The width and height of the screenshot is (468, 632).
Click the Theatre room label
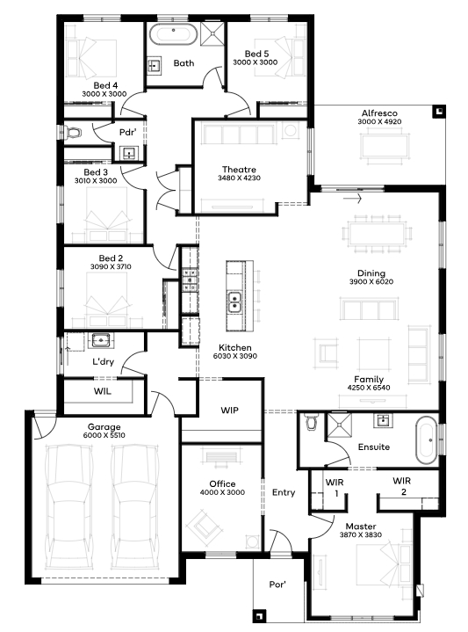click(x=239, y=170)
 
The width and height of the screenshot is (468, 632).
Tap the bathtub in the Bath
click(x=173, y=34)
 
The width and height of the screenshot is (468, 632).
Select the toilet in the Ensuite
click(x=312, y=421)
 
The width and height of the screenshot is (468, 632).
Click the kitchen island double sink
click(x=234, y=301)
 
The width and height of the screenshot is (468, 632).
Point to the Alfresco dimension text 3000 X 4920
click(x=379, y=121)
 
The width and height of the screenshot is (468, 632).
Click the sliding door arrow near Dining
click(x=352, y=199)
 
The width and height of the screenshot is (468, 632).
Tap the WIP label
click(x=229, y=410)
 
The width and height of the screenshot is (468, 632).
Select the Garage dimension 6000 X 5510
click(x=104, y=435)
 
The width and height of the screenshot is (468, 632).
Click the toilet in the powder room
click(x=73, y=132)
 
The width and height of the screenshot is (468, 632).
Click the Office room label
click(x=222, y=483)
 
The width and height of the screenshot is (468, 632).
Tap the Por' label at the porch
click(x=277, y=584)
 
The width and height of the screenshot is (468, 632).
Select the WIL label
click(x=103, y=391)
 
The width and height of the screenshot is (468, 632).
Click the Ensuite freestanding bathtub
click(x=426, y=440)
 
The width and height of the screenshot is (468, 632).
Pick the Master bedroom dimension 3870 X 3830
click(x=361, y=534)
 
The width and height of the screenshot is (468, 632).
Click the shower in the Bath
click(x=212, y=33)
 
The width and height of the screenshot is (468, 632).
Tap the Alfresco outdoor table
click(x=385, y=146)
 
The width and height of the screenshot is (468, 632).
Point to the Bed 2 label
click(x=111, y=258)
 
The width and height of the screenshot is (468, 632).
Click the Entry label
click(x=284, y=492)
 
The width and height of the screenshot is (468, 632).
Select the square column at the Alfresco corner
click(x=439, y=112)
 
